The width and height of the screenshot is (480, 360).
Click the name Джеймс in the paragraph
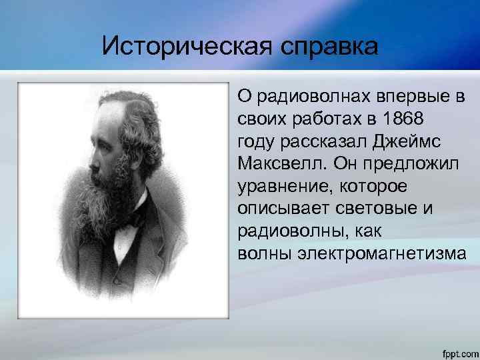pyautogui.click(x=401, y=141)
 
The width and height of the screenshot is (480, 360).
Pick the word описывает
pyautogui.click(x=279, y=209)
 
